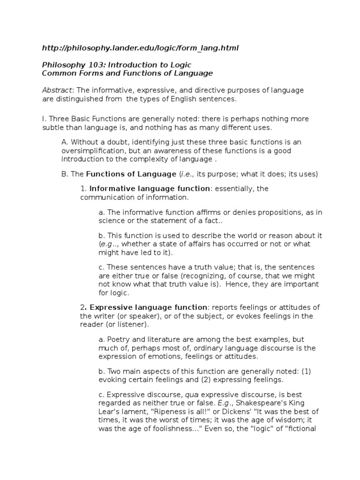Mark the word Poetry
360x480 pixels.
pyautogui.click(x=119, y=339)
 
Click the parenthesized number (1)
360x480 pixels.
pyautogui.click(x=306, y=371)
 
